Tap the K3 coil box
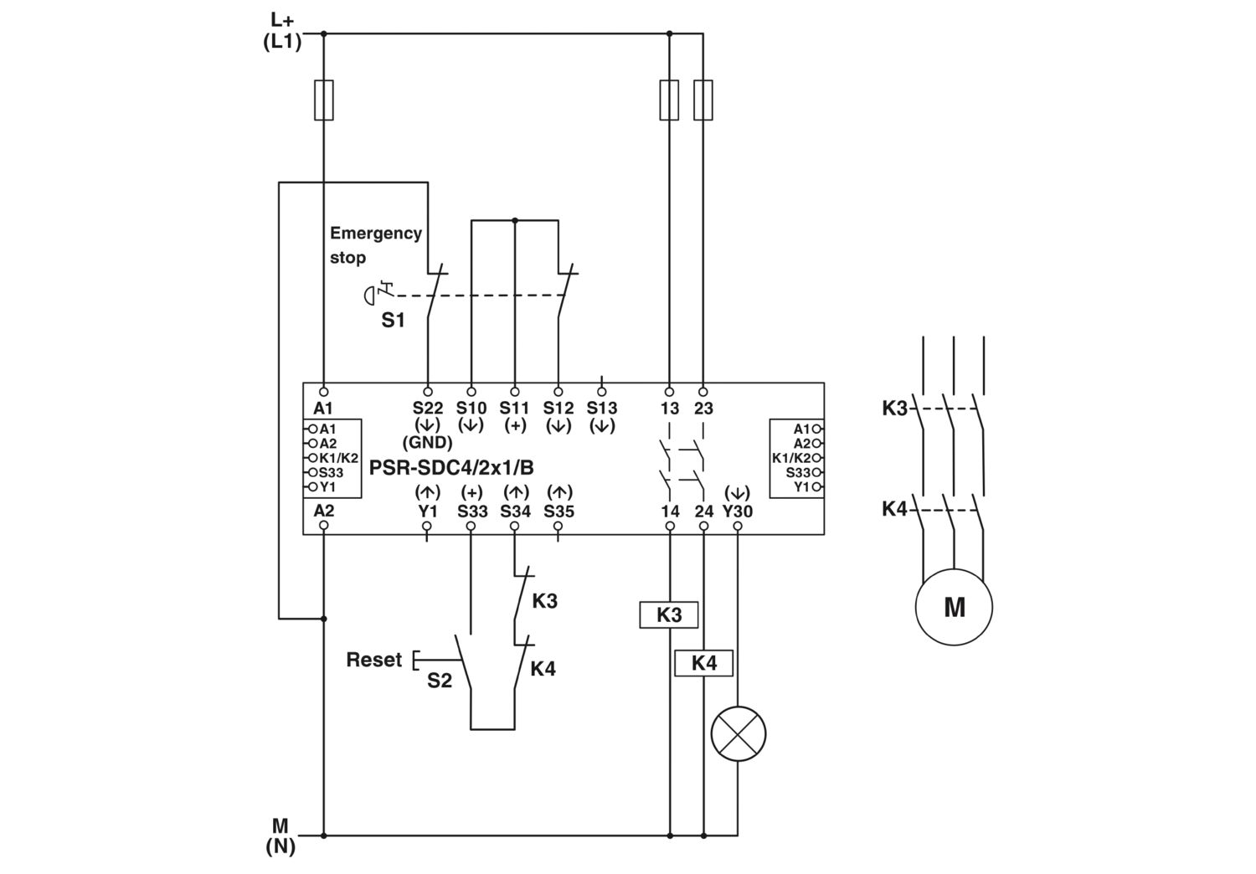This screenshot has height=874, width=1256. pyautogui.click(x=669, y=615)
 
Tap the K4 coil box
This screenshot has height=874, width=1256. pyautogui.click(x=703, y=663)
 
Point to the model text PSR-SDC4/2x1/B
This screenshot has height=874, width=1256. pyautogui.click(x=451, y=467)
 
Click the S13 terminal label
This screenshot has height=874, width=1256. pyautogui.click(x=602, y=408)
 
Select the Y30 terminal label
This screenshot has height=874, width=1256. pyautogui.click(x=738, y=511)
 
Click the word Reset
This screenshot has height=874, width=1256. pyautogui.click(x=374, y=660)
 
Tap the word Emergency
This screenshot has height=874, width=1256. pyautogui.click(x=376, y=234)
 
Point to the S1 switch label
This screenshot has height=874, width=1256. pyautogui.click(x=393, y=320)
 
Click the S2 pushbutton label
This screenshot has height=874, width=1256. pyautogui.click(x=439, y=681)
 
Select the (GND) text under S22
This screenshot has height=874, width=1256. pyautogui.click(x=427, y=443)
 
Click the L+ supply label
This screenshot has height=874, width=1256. pyautogui.click(x=282, y=20)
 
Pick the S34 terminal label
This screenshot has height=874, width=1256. pyautogui.click(x=515, y=511)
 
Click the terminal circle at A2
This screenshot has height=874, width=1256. pyautogui.click(x=323, y=525)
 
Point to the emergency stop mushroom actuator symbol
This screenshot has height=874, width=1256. pyautogui.click(x=369, y=296)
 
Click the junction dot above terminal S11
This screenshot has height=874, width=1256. pyautogui.click(x=515, y=220)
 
